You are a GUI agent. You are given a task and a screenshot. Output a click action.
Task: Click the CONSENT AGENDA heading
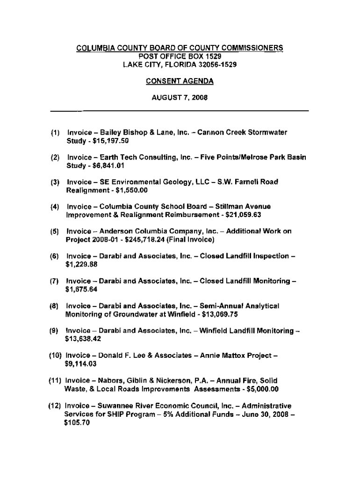[180, 81]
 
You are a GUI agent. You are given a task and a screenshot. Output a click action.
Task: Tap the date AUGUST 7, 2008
[180, 98]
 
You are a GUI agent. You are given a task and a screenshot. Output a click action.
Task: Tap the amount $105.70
[77, 421]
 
